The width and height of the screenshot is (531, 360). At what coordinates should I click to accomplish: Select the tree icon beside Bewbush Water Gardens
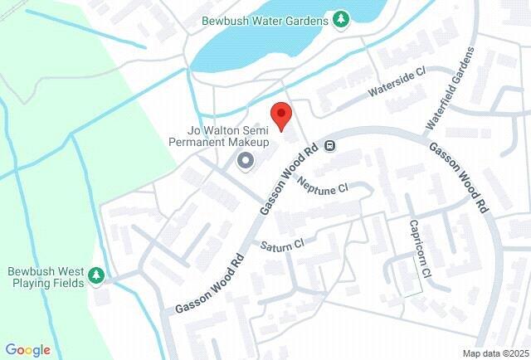click(340, 19)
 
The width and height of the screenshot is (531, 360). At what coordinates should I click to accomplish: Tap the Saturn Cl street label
click(282, 246)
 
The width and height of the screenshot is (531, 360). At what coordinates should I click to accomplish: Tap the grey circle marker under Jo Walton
click(246, 160)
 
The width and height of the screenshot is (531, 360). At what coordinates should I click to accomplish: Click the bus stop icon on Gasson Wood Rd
click(330, 146)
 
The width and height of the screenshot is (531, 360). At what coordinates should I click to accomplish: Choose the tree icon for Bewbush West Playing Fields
click(98, 275)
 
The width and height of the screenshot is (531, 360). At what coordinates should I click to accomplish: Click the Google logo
click(28, 350)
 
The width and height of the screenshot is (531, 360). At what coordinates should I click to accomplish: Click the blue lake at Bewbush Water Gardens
click(274, 50)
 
